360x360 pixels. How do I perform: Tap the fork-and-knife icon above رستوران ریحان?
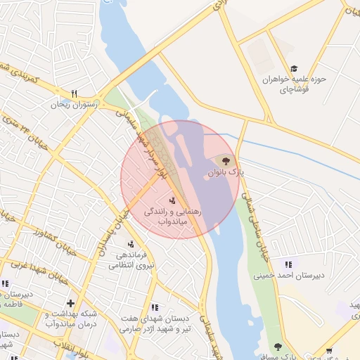(x=74, y=94)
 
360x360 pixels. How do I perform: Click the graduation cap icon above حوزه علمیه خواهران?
(x=294, y=67)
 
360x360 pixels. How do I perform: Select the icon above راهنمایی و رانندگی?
(x=173, y=200)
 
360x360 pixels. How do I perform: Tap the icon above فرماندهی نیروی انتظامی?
(x=130, y=244)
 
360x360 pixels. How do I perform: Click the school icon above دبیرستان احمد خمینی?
(x=288, y=264)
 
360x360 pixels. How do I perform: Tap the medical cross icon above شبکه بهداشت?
(x=70, y=304)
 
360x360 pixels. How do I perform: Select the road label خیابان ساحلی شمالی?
(x=259, y=218)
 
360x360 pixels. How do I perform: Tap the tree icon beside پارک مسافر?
(x=278, y=347)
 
